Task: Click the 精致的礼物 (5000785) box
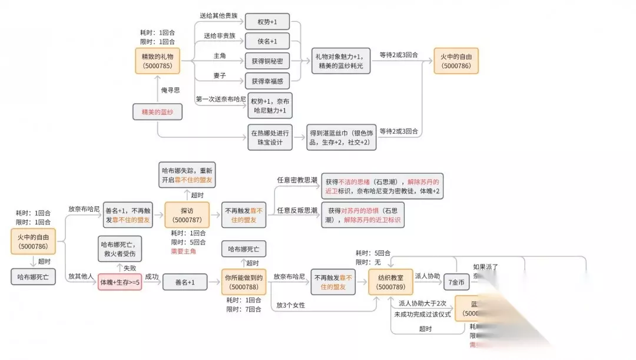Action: (157, 61)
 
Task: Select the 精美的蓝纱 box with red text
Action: (157, 112)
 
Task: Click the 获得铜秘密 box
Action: (267, 61)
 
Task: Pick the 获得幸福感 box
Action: (267, 81)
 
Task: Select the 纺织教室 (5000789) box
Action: (390, 282)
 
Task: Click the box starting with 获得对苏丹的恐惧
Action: (363, 215)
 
